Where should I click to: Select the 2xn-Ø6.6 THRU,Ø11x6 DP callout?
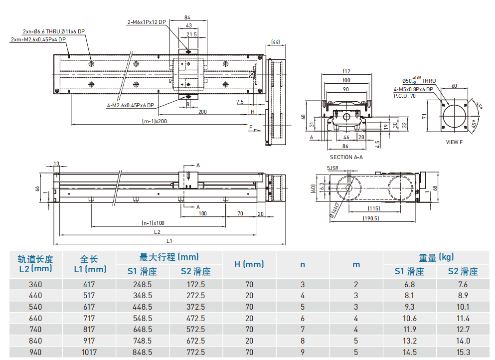click(54, 31)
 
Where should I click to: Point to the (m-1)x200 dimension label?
click(155, 121)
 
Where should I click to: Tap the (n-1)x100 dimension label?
click(153, 223)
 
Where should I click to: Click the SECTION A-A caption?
click(346, 157)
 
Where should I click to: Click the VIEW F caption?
click(454, 142)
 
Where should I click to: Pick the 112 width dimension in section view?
click(346, 71)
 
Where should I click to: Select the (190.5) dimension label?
click(371, 218)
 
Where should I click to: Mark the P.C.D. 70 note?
click(404, 95)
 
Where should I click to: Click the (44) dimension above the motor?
click(275, 41)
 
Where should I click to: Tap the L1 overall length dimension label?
click(170, 241)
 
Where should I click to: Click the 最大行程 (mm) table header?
click(169, 257)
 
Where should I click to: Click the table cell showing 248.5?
click(142, 285)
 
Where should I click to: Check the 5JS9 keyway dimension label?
click(333, 169)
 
